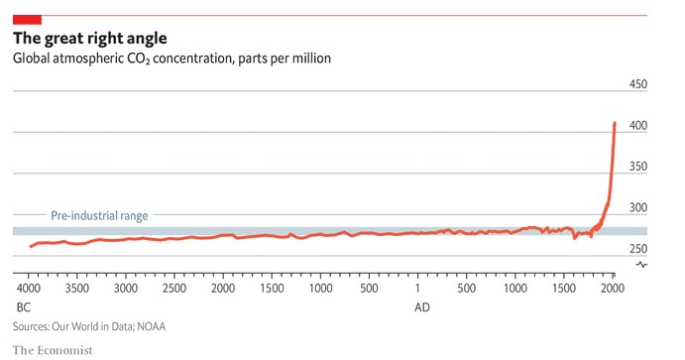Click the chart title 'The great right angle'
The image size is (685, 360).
point(90,39)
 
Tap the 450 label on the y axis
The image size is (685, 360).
point(637,84)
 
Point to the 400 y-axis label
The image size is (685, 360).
point(637,125)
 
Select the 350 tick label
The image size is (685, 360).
point(637,167)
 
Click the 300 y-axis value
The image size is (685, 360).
point(637,207)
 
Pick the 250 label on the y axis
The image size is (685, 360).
point(637,249)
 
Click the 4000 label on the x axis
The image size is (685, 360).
point(29,289)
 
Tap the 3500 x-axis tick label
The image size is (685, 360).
point(77,289)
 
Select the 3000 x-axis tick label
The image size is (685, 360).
point(126,289)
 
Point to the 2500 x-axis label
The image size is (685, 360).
point(174,289)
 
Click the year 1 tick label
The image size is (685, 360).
point(417,289)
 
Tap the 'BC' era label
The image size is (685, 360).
point(24,307)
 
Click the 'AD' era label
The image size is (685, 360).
point(422,307)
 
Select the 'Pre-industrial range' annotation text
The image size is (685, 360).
point(99,215)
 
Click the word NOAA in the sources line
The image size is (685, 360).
point(152,327)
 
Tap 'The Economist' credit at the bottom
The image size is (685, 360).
point(53,350)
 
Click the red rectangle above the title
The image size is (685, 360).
point(27,20)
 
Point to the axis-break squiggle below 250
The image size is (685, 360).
point(641,265)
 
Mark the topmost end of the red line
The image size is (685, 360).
point(615,123)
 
